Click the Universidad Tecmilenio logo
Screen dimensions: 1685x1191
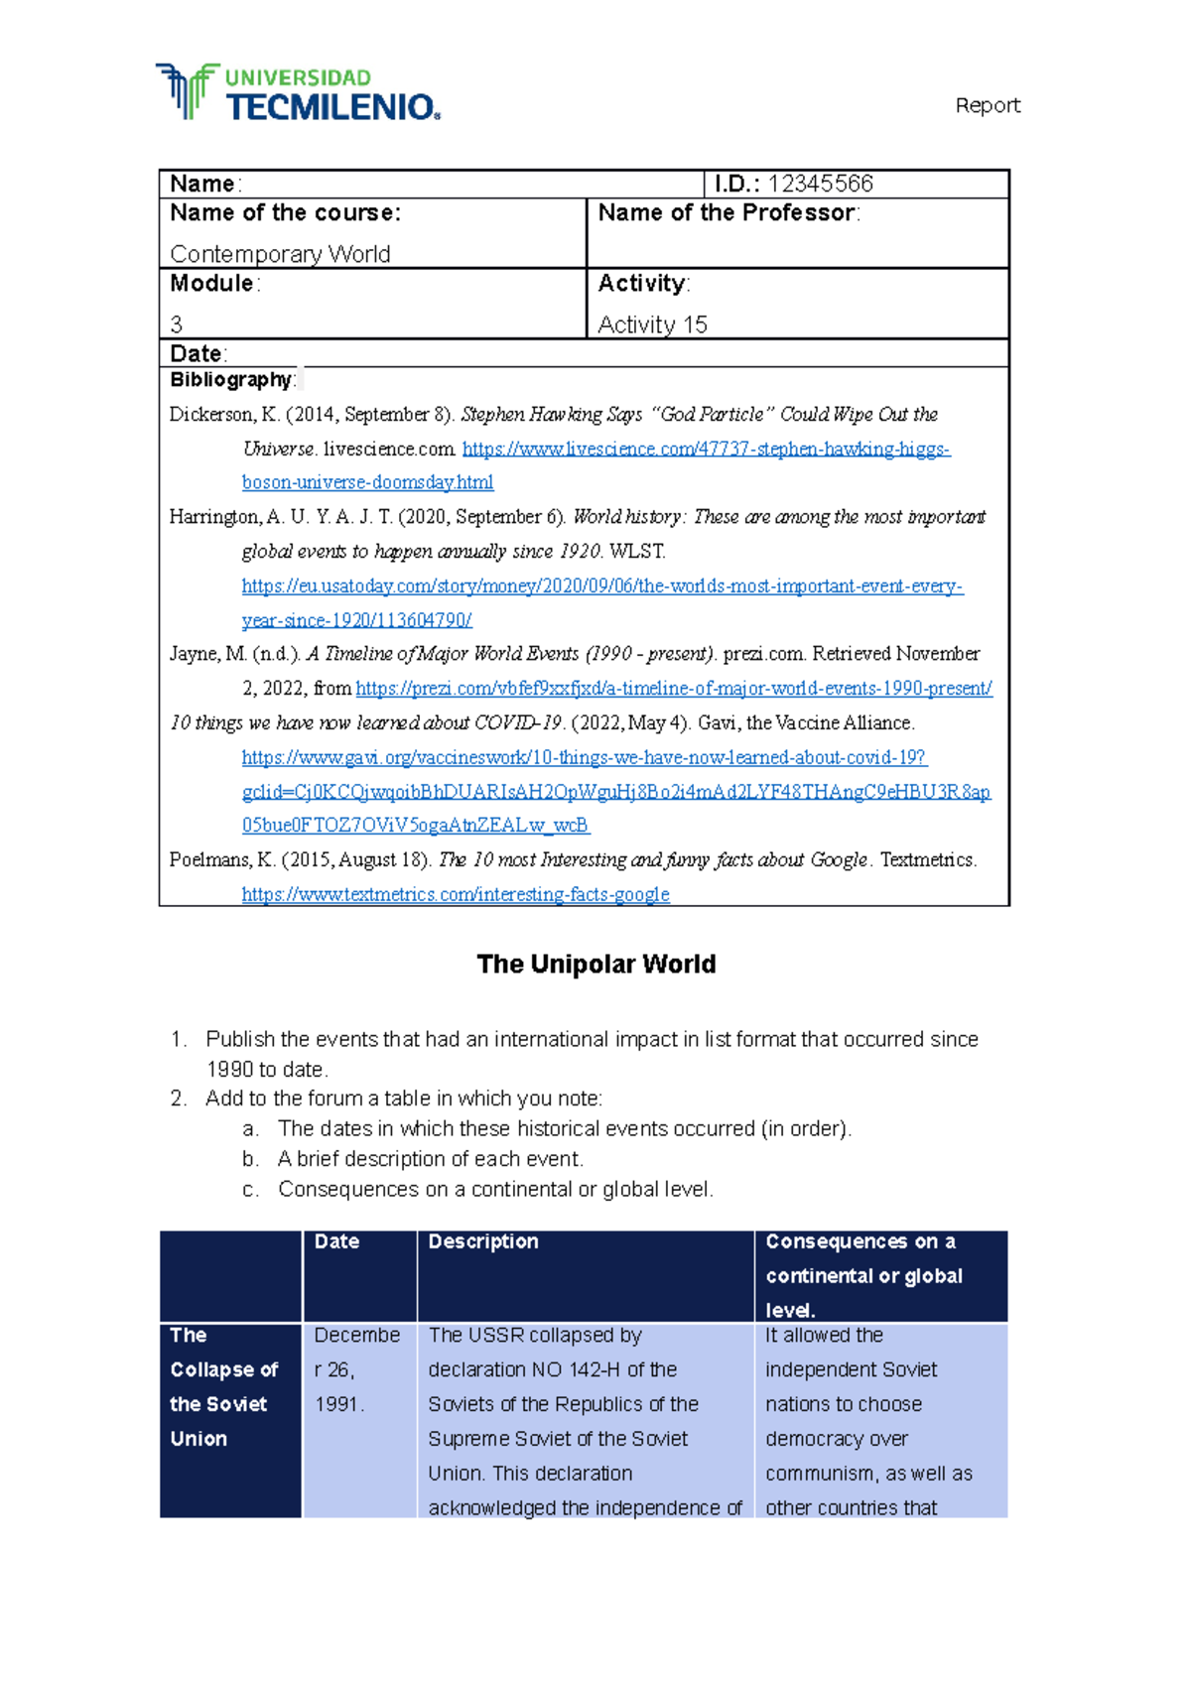298,93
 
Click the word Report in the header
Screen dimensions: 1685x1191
987,105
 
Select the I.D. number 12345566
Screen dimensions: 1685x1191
820,184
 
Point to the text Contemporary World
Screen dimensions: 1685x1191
280,254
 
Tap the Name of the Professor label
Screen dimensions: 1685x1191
728,213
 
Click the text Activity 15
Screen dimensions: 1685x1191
652,324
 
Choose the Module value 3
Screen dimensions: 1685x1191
177,324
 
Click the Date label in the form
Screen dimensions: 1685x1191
197,353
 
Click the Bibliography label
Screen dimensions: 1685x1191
230,380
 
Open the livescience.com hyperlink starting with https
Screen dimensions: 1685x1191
706,450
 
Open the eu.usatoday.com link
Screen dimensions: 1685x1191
601,586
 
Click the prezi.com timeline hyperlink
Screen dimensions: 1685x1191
673,689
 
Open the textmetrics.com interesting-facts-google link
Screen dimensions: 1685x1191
456,895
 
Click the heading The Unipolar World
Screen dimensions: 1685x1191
595,965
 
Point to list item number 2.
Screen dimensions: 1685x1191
179,1099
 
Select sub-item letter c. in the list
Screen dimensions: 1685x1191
250,1190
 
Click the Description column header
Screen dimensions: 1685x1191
483,1241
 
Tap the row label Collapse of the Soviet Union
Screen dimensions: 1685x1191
223,1387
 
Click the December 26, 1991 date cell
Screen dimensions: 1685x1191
355,1370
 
